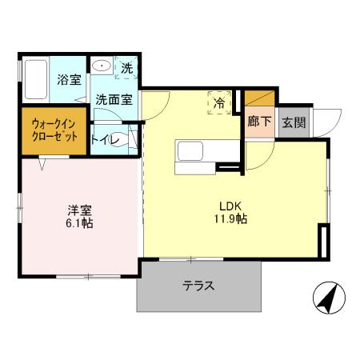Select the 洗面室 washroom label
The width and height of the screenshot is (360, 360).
pyautogui.click(x=114, y=100)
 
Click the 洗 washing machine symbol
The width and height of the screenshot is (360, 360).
pyautogui.click(x=126, y=68)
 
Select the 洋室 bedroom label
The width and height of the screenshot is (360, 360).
pyautogui.click(x=79, y=210)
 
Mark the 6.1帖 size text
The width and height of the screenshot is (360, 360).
pyautogui.click(x=79, y=224)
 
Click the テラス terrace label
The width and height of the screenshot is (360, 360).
pyautogui.click(x=198, y=286)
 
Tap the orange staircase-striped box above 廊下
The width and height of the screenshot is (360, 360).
pyautogui.click(x=258, y=98)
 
